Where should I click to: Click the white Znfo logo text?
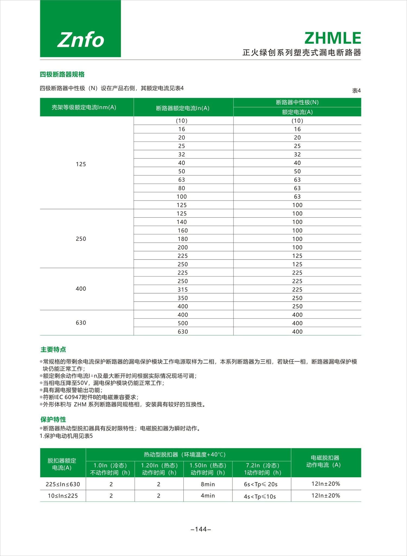81,40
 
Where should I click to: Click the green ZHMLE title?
333,38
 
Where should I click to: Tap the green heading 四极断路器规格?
62,74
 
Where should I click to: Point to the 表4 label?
356,91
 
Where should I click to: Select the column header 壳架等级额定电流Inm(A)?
84,107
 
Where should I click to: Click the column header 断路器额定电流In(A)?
183,108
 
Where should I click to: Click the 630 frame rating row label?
81,323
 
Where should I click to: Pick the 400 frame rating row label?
81,289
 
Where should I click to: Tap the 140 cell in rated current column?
182,222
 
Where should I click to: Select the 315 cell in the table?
183,290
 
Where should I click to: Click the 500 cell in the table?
183,323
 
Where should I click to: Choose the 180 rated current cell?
183,239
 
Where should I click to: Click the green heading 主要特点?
53,350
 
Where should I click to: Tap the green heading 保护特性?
53,420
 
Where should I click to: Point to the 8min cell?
208,484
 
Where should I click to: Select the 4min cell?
208,496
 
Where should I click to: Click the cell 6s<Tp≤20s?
261,484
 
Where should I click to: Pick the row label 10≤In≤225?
63,496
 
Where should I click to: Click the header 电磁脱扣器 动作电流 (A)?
325,461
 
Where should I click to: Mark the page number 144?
201,529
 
